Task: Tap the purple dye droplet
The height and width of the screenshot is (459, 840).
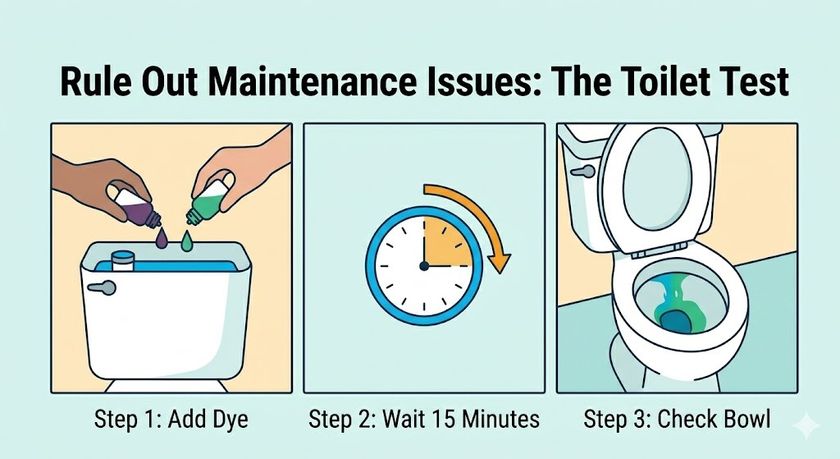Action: [x=162, y=239]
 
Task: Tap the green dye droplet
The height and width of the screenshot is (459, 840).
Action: [x=186, y=241]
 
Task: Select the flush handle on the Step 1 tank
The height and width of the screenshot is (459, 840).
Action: [x=102, y=288]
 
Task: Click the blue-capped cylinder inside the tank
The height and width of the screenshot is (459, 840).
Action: [x=122, y=260]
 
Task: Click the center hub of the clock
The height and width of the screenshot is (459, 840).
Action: [x=424, y=265]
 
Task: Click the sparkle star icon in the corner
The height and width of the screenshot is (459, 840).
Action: [x=806, y=425]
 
